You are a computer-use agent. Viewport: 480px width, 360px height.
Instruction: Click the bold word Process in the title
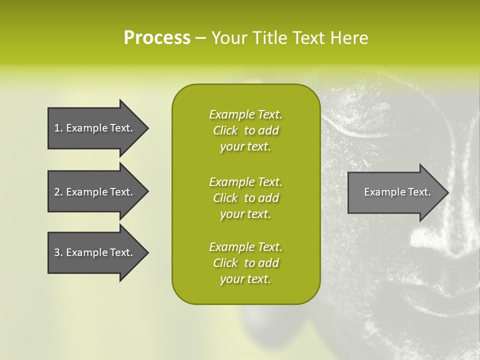(x=157, y=38)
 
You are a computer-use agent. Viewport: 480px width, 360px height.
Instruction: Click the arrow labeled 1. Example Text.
(x=95, y=128)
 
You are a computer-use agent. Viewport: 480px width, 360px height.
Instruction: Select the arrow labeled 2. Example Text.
(x=95, y=192)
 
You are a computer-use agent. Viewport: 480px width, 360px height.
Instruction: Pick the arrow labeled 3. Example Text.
(x=95, y=252)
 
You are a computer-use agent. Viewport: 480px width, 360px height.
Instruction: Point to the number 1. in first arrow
(x=58, y=128)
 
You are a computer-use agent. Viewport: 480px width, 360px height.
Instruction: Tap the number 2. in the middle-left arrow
(x=58, y=192)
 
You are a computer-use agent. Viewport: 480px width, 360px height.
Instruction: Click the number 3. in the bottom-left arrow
(x=58, y=252)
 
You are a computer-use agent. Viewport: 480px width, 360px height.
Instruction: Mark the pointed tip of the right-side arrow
(x=447, y=192)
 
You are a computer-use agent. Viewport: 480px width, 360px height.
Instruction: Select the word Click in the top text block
(x=225, y=130)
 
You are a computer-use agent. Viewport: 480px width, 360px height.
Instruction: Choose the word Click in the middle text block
(x=225, y=198)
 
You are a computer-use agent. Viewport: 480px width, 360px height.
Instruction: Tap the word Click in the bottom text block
(x=225, y=263)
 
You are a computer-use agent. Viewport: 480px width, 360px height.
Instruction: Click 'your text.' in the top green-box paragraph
(x=245, y=147)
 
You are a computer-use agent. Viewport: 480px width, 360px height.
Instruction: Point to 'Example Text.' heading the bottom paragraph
(x=245, y=247)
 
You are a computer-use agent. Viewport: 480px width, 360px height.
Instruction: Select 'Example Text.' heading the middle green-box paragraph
(x=245, y=181)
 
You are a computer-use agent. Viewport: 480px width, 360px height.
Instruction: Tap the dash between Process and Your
(x=200, y=38)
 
